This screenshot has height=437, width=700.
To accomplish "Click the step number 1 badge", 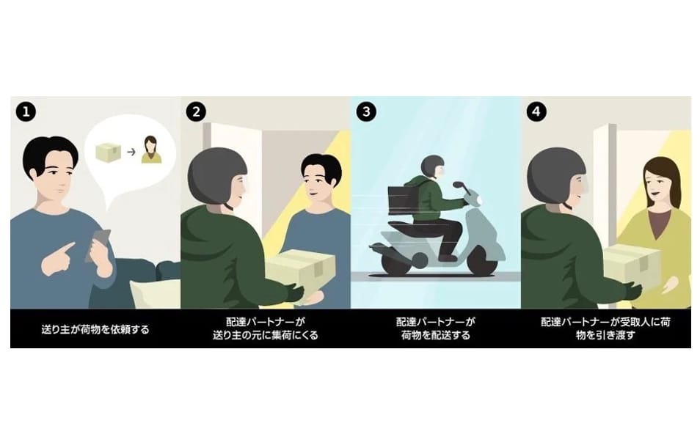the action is click(26, 111).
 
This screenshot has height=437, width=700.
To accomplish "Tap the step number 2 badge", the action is click(196, 111).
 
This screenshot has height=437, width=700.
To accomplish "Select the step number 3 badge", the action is click(366, 111).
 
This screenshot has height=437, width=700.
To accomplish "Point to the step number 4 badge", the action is click(536, 111).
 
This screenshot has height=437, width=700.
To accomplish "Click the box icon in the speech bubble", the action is click(109, 152).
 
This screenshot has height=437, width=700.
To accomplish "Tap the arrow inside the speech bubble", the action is click(131, 152).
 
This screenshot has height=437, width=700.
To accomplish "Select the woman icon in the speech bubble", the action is click(151, 150).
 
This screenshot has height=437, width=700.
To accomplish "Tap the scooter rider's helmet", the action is click(432, 166).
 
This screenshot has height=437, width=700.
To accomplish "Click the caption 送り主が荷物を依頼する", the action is click(95, 329).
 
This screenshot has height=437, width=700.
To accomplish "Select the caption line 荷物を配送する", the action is click(435, 335).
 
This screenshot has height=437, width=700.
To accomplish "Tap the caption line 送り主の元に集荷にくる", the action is click(265, 335).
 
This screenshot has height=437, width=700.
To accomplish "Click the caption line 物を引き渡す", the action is click(605, 335).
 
